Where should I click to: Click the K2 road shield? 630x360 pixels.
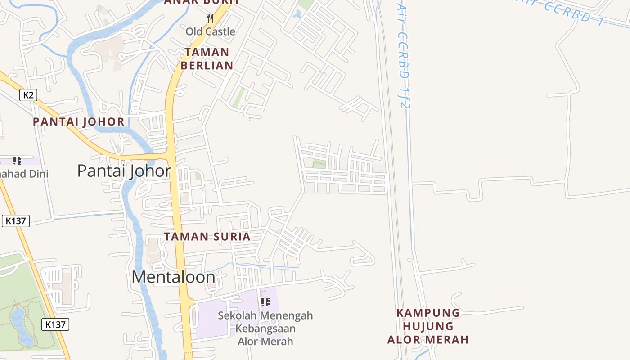pos(28,95)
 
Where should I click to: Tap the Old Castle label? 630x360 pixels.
pos(211,31)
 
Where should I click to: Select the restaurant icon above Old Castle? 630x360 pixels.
pos(210,18)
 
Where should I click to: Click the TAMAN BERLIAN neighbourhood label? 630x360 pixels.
pos(207,59)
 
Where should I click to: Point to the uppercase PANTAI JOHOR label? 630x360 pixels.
pos(79,121)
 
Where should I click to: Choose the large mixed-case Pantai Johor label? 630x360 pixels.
pos(124,171)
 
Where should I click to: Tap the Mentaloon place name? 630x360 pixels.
pos(173,277)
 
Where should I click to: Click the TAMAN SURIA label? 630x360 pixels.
pos(207,237)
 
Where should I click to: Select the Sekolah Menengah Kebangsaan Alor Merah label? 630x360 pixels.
pos(265,328)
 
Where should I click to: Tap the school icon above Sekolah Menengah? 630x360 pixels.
pos(265,302)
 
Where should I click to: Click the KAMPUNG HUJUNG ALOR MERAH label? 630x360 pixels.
pos(428,326)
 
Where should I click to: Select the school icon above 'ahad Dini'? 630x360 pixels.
pos(17,161)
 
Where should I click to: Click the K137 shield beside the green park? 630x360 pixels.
pos(56,324)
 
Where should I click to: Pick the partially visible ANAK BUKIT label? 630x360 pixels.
pos(201,2)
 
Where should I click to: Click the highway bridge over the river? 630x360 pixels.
pos(151,157)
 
